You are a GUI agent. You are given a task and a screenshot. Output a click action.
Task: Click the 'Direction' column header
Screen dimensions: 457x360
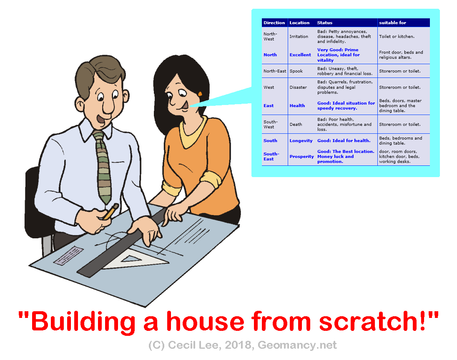click(x=274, y=23)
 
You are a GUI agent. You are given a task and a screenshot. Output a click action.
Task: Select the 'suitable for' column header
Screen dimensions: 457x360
click(x=392, y=23)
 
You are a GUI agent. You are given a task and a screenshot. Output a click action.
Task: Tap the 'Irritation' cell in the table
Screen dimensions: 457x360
click(x=299, y=36)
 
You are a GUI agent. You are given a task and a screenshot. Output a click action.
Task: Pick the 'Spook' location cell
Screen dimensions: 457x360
click(x=296, y=71)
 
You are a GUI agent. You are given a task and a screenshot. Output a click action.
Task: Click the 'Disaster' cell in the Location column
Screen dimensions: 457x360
click(x=298, y=87)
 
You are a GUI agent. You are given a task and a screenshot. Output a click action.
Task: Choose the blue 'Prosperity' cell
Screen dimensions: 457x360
click(x=301, y=156)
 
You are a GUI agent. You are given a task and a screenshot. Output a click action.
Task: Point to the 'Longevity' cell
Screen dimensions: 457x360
click(x=301, y=141)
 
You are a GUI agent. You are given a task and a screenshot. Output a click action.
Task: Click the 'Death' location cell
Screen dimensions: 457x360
click(x=296, y=124)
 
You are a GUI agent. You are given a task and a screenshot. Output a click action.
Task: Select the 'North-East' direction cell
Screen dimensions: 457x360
click(x=275, y=71)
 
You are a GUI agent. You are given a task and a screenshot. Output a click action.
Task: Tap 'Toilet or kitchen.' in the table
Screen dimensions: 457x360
click(x=397, y=36)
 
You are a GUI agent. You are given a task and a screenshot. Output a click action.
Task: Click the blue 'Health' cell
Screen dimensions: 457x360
click(x=297, y=106)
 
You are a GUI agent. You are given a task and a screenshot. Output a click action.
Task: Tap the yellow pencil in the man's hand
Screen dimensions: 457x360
click(x=111, y=211)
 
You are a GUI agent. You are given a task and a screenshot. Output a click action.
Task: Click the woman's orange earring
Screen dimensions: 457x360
click(x=200, y=94)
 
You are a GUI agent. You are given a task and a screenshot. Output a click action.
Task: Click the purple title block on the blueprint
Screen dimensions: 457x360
click(x=68, y=256)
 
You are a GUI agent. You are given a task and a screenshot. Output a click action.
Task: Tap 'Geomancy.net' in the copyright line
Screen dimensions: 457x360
click(x=297, y=345)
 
